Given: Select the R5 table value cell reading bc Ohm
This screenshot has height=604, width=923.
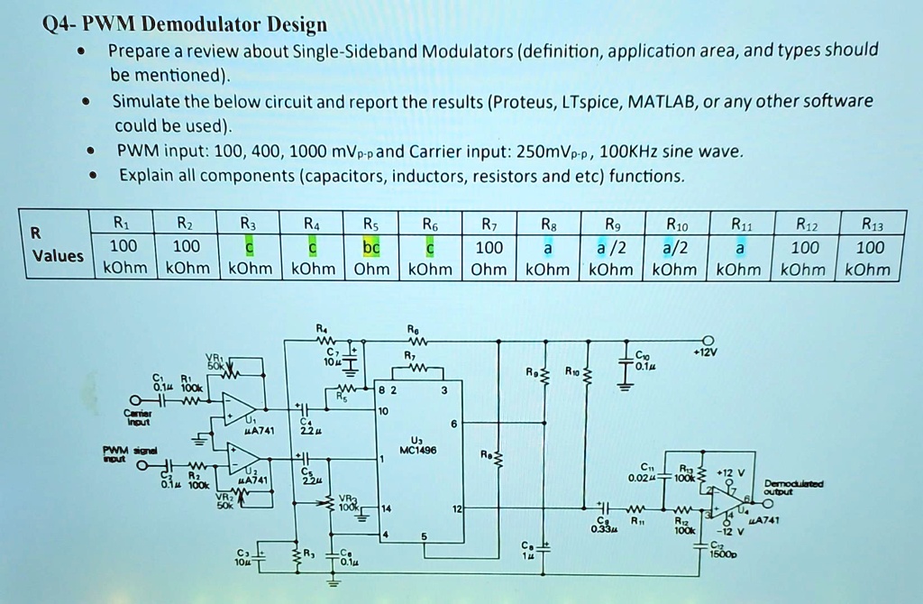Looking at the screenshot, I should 371,258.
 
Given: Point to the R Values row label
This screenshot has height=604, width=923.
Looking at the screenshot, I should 56,244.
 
